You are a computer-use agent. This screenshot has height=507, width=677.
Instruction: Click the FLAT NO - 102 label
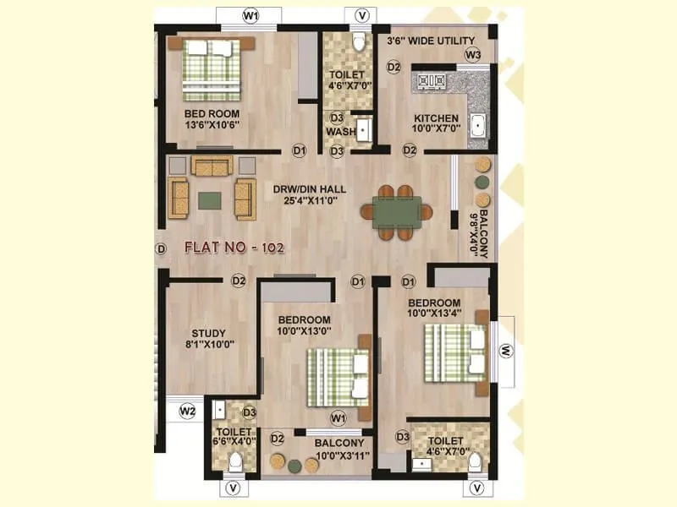click(x=234, y=248)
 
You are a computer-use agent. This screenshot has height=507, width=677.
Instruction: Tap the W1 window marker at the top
click(x=250, y=16)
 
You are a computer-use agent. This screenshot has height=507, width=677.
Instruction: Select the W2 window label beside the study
click(x=188, y=412)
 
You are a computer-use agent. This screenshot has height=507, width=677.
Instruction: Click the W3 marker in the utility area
click(x=472, y=55)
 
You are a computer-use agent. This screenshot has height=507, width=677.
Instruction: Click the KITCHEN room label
click(x=436, y=118)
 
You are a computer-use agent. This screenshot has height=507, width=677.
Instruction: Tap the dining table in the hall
click(x=397, y=210)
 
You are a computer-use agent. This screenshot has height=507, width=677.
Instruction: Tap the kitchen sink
click(x=478, y=125)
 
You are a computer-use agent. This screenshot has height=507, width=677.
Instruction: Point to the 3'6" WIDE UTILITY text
click(x=431, y=41)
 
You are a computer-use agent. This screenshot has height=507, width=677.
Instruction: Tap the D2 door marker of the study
click(x=239, y=281)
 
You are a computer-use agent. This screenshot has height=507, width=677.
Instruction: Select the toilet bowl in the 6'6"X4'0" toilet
click(x=235, y=461)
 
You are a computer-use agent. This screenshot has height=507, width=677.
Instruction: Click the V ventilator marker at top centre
click(x=362, y=16)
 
